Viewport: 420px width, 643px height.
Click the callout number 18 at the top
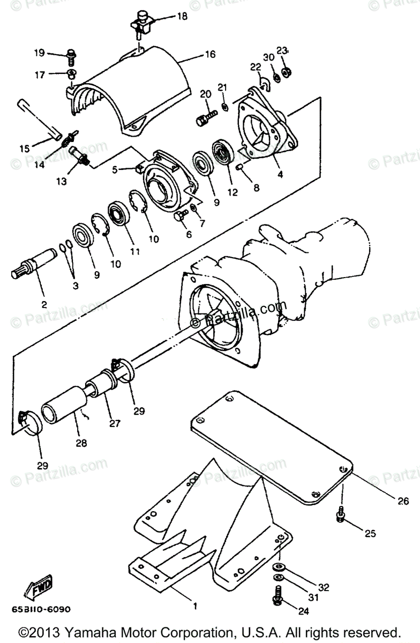pyautogui.click(x=182, y=16)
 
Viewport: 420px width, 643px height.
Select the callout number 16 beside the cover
pyautogui.click(x=209, y=55)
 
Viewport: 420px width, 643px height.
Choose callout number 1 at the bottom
pyautogui.click(x=195, y=607)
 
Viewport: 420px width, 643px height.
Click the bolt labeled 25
pyautogui.click(x=340, y=515)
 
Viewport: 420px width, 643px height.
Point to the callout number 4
pyautogui.click(x=280, y=174)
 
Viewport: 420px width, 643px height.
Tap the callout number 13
pyautogui.click(x=62, y=181)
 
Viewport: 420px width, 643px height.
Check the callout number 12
pyautogui.click(x=232, y=192)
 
